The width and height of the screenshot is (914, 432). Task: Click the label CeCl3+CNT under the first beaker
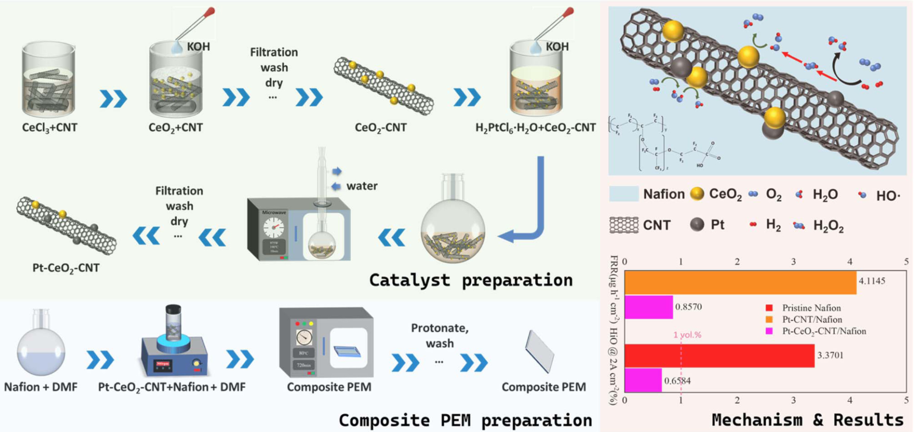pos(50,128)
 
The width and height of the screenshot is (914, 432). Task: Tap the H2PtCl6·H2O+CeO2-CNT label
pos(535,128)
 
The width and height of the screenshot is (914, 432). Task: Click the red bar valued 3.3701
pos(719,356)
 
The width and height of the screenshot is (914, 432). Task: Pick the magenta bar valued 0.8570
pos(649,307)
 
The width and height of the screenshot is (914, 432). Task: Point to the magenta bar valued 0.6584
pos(643,380)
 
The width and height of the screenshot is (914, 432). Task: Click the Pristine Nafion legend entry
pos(811,308)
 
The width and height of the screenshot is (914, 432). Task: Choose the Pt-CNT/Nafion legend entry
pos(812,320)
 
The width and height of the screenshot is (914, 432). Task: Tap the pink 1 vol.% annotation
pos(687,335)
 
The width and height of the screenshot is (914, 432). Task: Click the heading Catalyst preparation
pos(471,280)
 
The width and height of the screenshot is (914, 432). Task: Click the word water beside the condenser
pos(362,186)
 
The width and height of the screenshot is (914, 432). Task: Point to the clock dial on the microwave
pos(274,228)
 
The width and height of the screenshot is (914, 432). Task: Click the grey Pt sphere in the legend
pos(697,224)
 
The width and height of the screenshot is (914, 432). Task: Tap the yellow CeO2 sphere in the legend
pos(697,194)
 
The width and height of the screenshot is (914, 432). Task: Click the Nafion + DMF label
pos(40,387)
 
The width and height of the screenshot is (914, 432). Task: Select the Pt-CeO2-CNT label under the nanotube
pos(66,268)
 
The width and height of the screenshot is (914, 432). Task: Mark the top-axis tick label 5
pos(906,262)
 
